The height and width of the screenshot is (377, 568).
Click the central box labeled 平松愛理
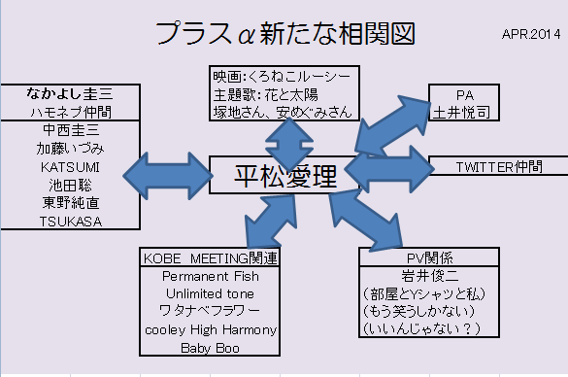click(284, 176)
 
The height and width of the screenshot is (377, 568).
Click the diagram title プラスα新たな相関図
click(284, 32)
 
